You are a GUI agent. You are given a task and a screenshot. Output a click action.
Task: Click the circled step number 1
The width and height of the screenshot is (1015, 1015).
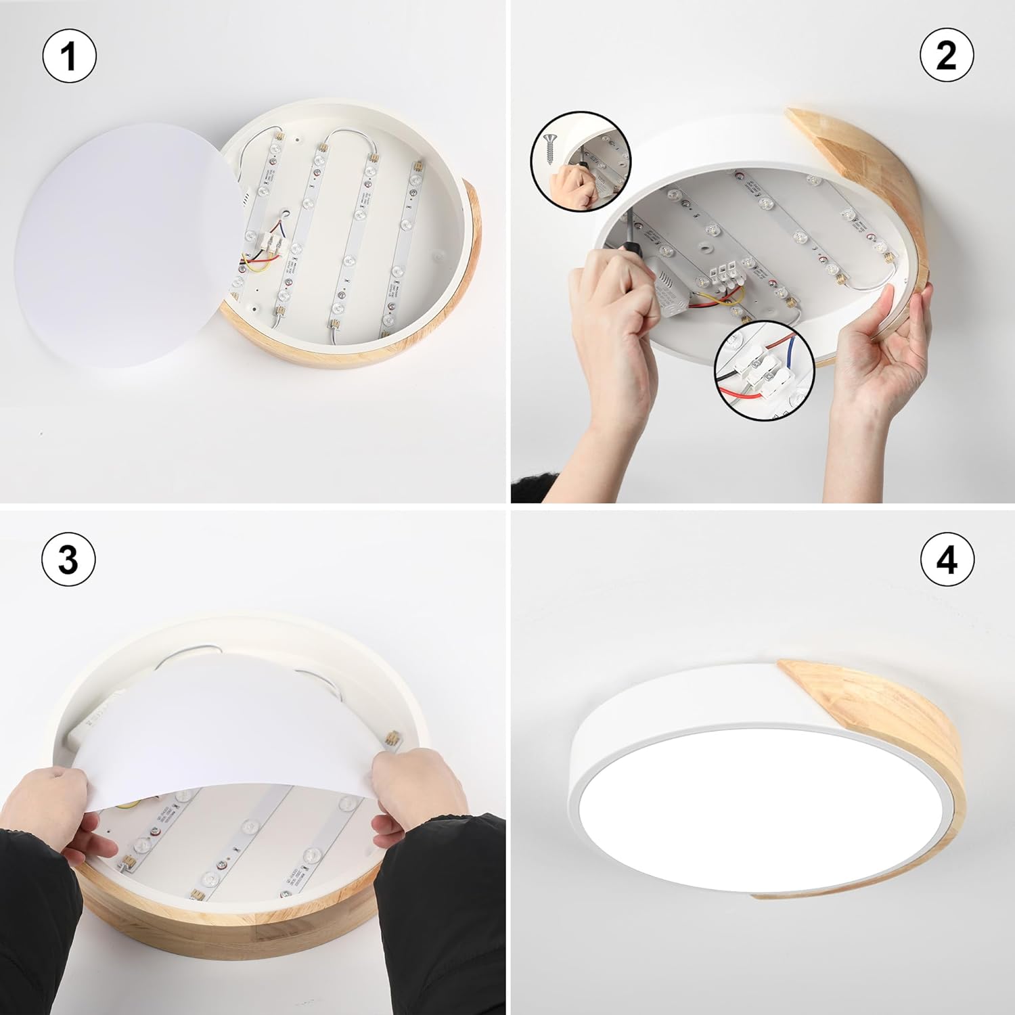[x=69, y=55]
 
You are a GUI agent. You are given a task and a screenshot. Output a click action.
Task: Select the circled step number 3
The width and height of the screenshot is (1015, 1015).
[x=69, y=560]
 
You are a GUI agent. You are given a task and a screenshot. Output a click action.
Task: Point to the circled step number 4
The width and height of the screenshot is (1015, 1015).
[x=947, y=560]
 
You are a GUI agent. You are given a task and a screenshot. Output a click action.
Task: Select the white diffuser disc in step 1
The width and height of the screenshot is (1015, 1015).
[x=122, y=244]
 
